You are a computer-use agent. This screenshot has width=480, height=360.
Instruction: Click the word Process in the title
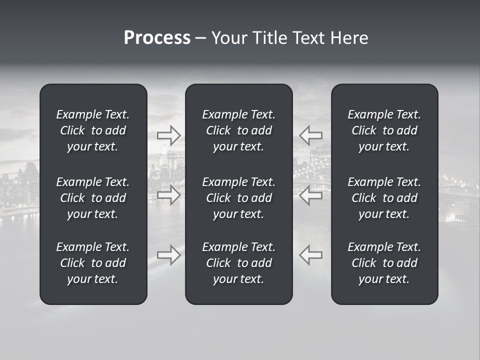coord(157,38)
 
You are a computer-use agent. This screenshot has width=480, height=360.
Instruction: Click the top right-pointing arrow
coord(168,135)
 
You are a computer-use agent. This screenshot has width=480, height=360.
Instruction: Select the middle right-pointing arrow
coord(168,195)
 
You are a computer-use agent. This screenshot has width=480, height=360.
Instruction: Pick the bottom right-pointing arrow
coord(168,254)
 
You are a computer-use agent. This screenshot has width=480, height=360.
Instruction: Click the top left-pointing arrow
coord(311,135)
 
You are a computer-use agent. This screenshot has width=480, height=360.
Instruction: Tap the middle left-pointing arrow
coord(311,195)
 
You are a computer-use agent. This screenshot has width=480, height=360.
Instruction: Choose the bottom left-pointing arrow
coord(311,254)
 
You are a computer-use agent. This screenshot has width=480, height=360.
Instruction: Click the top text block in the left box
coord(93,130)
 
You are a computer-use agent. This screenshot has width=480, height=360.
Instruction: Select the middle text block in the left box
coord(93,198)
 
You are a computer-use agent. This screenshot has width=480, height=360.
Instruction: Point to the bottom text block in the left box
coord(93,263)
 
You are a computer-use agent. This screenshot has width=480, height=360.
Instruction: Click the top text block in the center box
coord(239,130)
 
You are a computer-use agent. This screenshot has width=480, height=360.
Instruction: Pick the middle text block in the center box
coord(239,198)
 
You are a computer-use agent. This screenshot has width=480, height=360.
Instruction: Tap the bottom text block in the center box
coord(239,263)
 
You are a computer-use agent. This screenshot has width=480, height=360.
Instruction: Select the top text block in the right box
coord(384,130)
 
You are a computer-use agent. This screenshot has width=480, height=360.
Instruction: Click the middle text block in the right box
coord(384,198)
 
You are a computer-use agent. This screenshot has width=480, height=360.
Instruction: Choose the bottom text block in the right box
coord(384,263)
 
